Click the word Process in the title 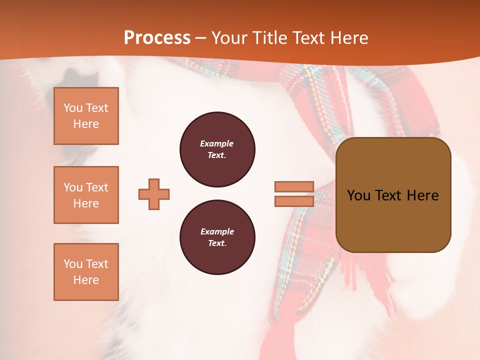157,38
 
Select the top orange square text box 86,116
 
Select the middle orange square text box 86,195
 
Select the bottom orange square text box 86,272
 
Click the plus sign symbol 154,194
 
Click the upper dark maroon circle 217,149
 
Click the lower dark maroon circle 217,237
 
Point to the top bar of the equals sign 294,187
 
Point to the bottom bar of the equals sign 294,201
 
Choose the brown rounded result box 393,195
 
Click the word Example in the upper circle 217,143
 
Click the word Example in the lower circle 217,231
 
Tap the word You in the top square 73,108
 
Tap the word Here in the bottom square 86,280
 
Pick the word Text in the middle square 96,187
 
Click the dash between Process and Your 201,38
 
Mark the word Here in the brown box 422,195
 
